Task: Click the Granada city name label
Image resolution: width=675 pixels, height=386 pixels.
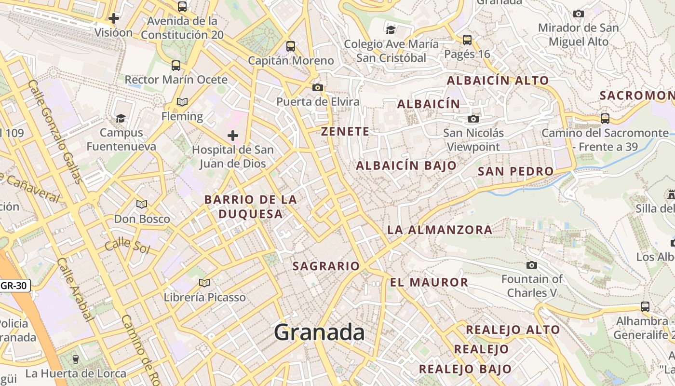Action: click(319, 332)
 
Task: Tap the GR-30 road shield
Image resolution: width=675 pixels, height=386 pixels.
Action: click(14, 285)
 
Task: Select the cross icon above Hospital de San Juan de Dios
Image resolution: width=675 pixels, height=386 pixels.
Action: click(233, 136)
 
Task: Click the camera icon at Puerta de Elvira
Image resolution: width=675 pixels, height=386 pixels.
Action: click(317, 87)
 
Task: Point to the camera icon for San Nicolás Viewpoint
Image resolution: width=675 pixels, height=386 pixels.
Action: click(473, 119)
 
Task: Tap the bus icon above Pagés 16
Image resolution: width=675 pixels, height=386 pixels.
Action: click(467, 40)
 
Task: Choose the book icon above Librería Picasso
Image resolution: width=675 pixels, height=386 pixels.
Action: click(204, 283)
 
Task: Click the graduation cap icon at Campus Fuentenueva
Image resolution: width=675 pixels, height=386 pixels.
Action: click(121, 118)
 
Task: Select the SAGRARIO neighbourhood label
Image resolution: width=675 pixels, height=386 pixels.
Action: click(326, 266)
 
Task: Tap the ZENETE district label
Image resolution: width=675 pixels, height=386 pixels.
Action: click(345, 131)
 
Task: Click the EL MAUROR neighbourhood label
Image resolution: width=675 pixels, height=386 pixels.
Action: click(429, 282)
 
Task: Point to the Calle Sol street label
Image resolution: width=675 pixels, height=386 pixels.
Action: click(127, 246)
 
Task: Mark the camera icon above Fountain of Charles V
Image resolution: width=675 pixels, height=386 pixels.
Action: click(532, 265)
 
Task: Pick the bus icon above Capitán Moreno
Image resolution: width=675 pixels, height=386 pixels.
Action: click(290, 46)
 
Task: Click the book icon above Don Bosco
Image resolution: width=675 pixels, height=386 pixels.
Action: click(141, 205)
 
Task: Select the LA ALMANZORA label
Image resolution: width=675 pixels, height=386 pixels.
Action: click(440, 230)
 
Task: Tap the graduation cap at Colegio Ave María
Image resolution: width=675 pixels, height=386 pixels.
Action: click(391, 30)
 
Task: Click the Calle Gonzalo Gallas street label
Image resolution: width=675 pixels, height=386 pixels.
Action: click(56, 131)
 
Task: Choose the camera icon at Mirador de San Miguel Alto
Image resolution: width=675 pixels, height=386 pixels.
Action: click(579, 14)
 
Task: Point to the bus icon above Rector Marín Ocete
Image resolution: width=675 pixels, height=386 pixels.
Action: click(176, 66)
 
